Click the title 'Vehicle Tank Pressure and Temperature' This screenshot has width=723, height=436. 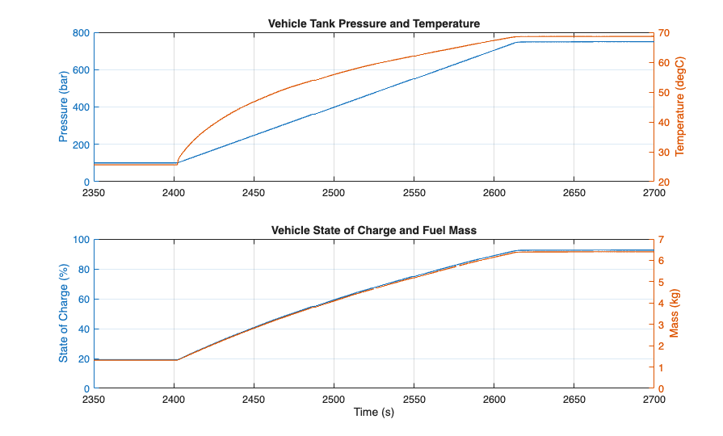[373, 23]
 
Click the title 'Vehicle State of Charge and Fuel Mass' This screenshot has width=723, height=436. [373, 230]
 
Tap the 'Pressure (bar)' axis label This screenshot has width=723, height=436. [64, 107]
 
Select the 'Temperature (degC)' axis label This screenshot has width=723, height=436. [679, 107]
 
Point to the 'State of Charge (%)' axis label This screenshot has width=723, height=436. [64, 314]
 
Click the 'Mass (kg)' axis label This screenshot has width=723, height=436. [675, 314]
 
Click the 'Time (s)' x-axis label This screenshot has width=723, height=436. [373, 413]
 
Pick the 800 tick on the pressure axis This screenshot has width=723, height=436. [81, 33]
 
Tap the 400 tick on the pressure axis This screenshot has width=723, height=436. [81, 107]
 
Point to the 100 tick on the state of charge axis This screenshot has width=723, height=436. [81, 240]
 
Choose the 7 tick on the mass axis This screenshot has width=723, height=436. [661, 240]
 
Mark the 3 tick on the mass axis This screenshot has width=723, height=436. [661, 325]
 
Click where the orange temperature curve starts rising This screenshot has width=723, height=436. [177, 164]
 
